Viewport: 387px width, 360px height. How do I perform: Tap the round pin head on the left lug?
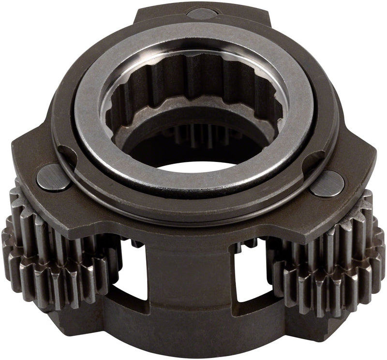pyautogui.click(x=51, y=177)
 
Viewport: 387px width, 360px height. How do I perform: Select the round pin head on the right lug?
pyautogui.click(x=327, y=183)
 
